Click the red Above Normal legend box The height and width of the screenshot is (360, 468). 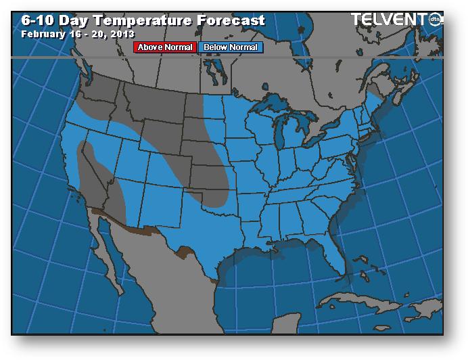click(166, 47)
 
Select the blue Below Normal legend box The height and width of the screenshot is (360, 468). click(229, 47)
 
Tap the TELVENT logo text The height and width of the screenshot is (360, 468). click(392, 19)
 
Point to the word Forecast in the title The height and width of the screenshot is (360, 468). click(231, 20)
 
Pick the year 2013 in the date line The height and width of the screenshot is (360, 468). click(120, 33)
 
